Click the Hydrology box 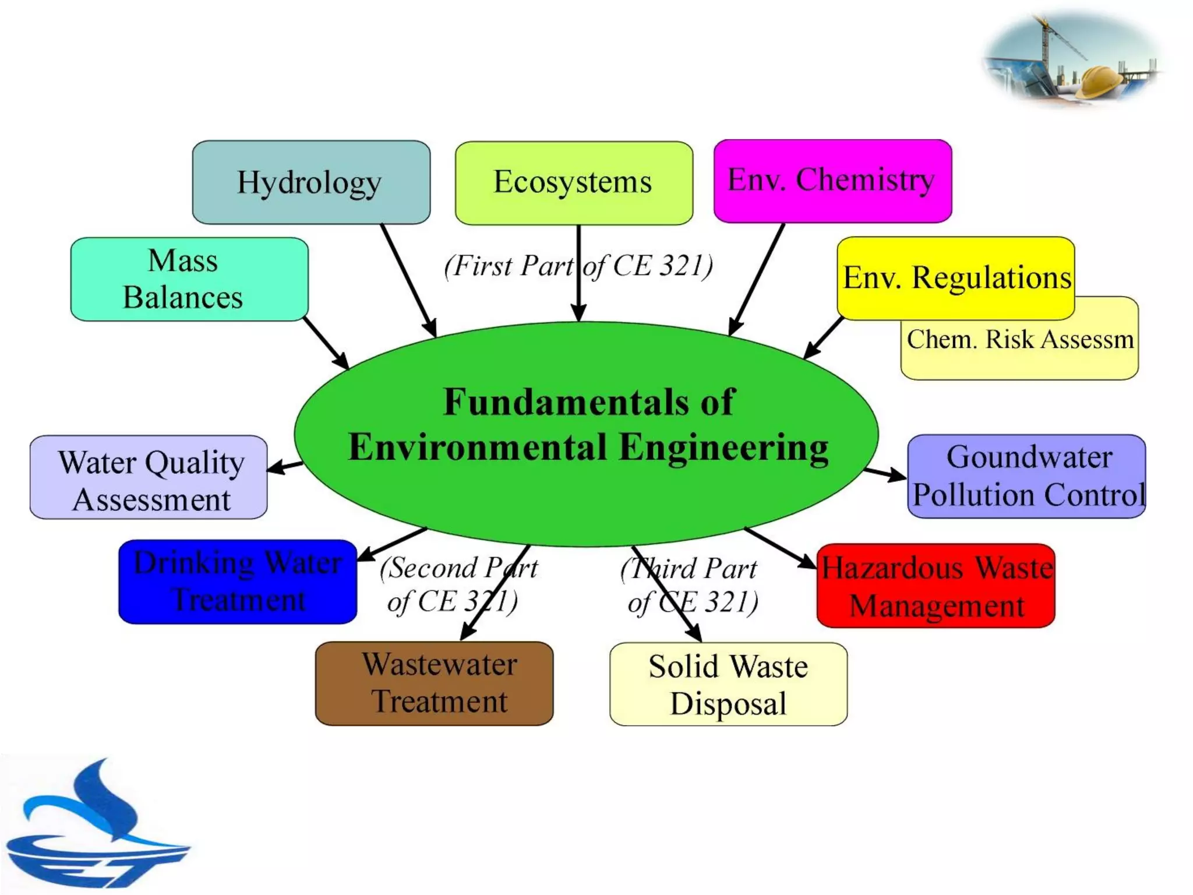pyautogui.click(x=311, y=182)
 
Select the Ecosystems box pyautogui.click(x=574, y=182)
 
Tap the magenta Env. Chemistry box pyautogui.click(x=832, y=181)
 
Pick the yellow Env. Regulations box pyautogui.click(x=956, y=277)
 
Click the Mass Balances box pyautogui.click(x=189, y=279)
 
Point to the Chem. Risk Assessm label pyautogui.click(x=1019, y=340)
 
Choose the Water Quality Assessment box pyautogui.click(x=149, y=477)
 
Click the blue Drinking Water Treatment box pyautogui.click(x=237, y=582)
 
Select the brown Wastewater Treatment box pyautogui.click(x=434, y=683)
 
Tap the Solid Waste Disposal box pyautogui.click(x=728, y=684)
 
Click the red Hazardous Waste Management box pyautogui.click(x=936, y=586)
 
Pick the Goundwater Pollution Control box pyautogui.click(x=1026, y=476)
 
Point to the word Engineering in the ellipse pyautogui.click(x=723, y=448)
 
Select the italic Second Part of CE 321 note pyautogui.click(x=458, y=584)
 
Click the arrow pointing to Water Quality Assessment pyautogui.click(x=285, y=467)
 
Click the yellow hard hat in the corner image pyautogui.click(x=1099, y=82)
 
